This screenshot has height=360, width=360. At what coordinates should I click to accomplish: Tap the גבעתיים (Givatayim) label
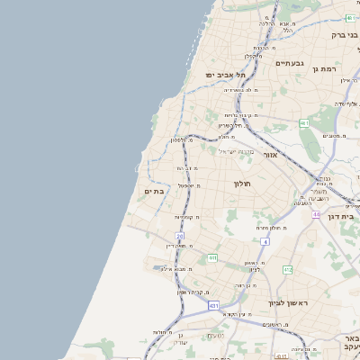290,63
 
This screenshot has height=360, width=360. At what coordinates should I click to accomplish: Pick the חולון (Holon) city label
241,184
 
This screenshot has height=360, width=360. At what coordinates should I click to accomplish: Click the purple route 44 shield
317,214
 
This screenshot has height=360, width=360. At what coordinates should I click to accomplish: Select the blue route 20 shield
180,236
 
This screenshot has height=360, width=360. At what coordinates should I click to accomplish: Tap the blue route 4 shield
265,242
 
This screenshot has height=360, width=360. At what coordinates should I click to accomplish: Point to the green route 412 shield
287,270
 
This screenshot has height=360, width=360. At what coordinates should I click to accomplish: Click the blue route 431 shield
213,306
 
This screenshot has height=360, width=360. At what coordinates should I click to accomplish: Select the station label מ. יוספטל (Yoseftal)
187,185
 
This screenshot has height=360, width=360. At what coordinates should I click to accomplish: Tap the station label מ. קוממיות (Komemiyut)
185,217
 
